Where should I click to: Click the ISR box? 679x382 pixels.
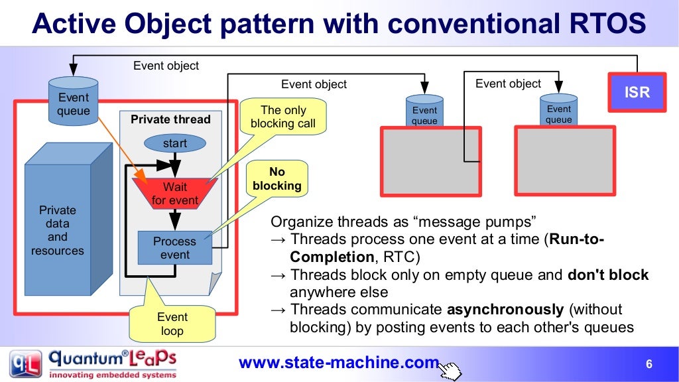pyautogui.click(x=637, y=92)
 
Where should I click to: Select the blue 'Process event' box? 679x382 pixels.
pyautogui.click(x=174, y=247)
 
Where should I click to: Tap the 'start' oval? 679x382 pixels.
pyautogui.click(x=174, y=143)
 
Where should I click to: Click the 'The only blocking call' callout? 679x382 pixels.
pyautogui.click(x=283, y=117)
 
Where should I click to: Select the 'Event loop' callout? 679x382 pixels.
pyautogui.click(x=172, y=324)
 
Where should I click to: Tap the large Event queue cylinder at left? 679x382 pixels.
pyautogui.click(x=73, y=103)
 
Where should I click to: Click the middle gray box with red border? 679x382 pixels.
pyautogui.click(x=430, y=161)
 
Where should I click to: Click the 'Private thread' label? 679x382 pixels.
pyautogui.click(x=170, y=119)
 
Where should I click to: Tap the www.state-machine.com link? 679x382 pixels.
pyautogui.click(x=338, y=363)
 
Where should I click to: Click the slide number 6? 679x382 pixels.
pyautogui.click(x=649, y=364)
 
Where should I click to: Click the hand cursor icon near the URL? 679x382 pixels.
pyautogui.click(x=450, y=370)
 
